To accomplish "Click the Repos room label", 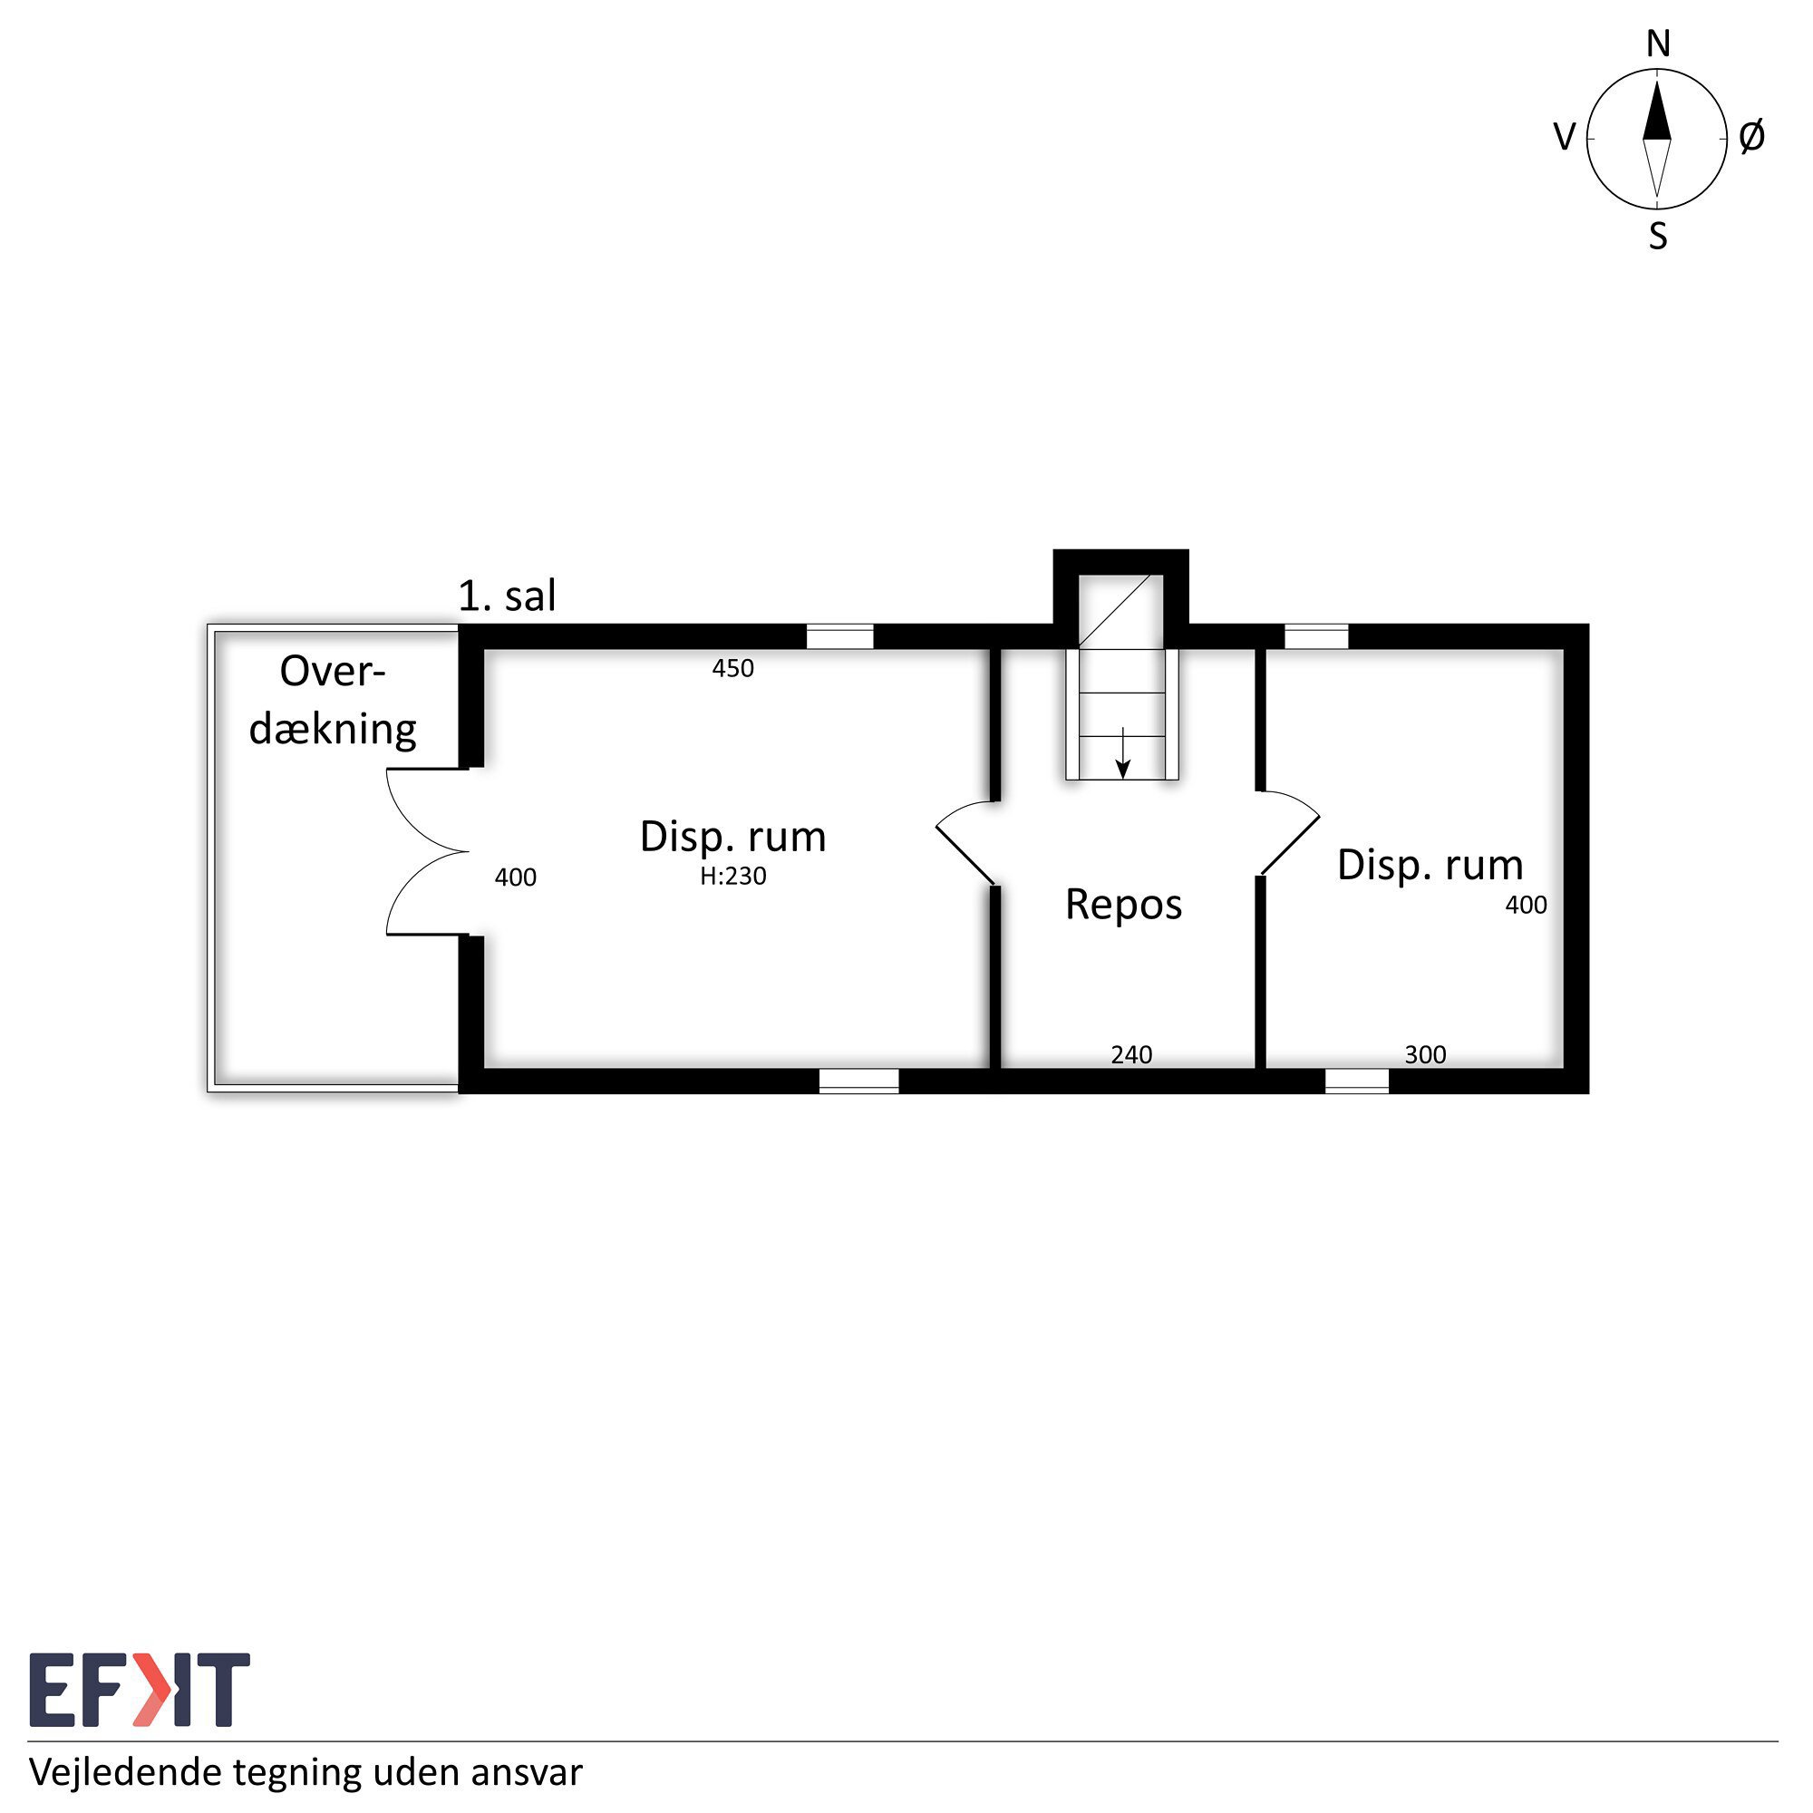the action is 1123,906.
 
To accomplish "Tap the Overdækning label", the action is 333,701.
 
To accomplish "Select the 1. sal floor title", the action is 507,596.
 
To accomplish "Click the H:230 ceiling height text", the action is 732,876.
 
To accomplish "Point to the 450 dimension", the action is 732,668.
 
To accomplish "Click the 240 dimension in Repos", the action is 1131,1055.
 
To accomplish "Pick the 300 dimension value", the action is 1425,1055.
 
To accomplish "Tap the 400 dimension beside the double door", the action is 516,877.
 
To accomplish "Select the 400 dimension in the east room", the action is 1527,905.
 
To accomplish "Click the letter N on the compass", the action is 1658,44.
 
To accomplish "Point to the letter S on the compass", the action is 1658,237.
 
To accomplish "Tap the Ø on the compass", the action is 1751,137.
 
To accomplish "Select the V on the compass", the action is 1565,138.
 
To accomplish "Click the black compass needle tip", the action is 1657,83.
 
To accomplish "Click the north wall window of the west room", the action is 840,636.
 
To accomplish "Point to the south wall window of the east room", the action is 1357,1081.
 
